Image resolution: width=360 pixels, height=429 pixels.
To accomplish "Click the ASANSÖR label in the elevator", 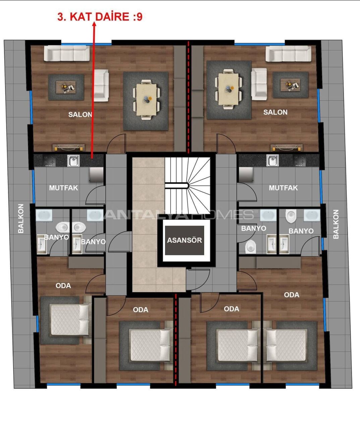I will click(184, 240).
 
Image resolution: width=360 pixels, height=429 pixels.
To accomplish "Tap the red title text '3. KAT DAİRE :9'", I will click(100, 17).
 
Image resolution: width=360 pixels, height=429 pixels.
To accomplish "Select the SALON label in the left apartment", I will click(80, 114).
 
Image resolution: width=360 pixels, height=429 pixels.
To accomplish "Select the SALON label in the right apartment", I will click(275, 112).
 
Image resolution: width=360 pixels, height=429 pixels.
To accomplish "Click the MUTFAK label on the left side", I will click(63, 188).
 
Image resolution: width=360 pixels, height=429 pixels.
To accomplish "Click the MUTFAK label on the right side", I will click(283, 188).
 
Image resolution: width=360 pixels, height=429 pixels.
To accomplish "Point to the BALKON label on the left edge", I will click(21, 219).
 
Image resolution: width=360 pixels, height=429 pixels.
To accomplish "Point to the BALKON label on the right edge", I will click(336, 224).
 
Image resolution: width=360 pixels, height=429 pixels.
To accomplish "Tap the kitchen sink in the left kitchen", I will click(73, 161).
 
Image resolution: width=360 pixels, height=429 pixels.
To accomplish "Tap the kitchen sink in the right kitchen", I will click(273, 160).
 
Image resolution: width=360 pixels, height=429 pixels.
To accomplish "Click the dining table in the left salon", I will click(146, 100).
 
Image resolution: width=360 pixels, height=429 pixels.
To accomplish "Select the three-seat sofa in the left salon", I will click(67, 53).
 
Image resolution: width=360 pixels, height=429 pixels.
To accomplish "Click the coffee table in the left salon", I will click(66, 87).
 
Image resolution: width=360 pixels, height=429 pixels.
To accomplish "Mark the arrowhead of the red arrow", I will click(94, 25).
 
